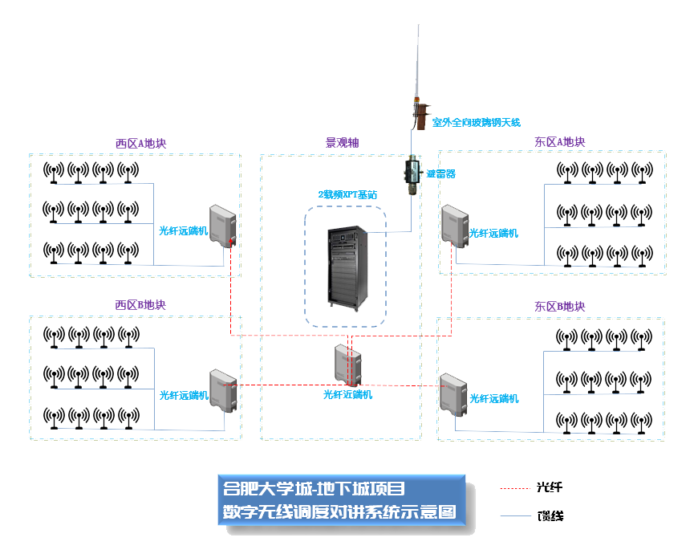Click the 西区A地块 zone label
140,144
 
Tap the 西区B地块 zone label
140,305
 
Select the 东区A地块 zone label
559,142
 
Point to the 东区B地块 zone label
559,307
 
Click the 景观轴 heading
342,143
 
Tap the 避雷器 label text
440,173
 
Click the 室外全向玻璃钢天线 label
477,123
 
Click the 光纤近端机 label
347,394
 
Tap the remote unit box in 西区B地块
221,390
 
